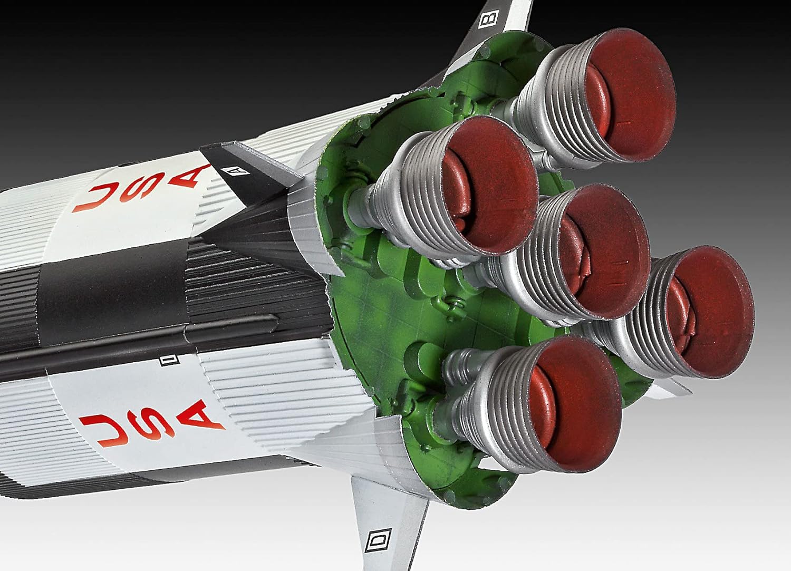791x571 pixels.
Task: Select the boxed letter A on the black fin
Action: (x=229, y=170)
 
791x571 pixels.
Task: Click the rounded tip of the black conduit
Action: (x=274, y=318)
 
